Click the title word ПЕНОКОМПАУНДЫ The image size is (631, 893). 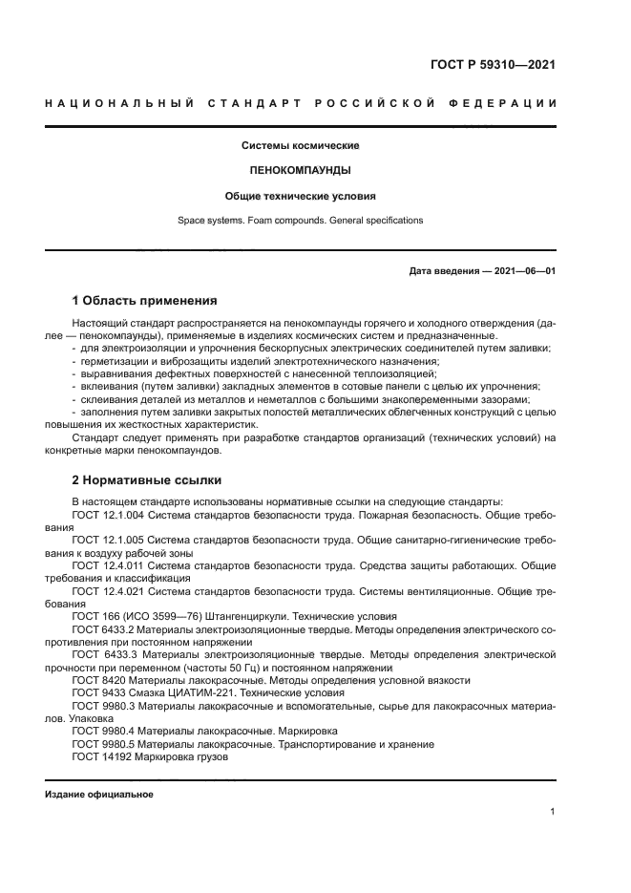click(x=300, y=171)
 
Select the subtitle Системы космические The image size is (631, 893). click(x=300, y=146)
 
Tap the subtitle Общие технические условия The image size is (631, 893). click(x=300, y=196)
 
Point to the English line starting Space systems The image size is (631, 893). click(x=300, y=221)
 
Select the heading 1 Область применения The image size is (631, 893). click(x=144, y=300)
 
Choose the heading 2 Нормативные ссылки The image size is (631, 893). click(x=146, y=479)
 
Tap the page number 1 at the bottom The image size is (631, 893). click(x=553, y=812)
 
